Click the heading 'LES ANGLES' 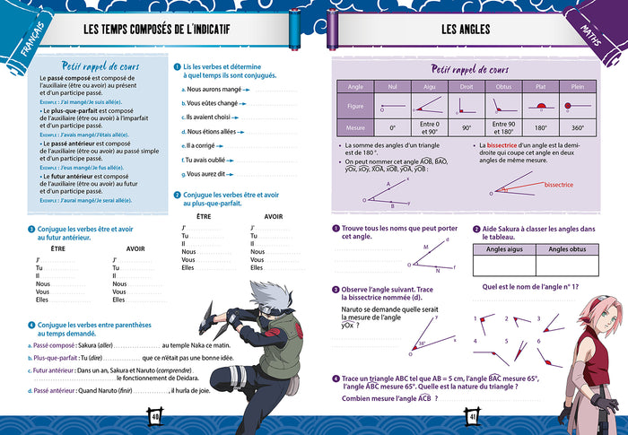(466, 30)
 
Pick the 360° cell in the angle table (578, 128)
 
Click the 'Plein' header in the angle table (578, 86)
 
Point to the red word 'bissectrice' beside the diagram (559, 185)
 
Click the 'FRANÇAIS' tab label (31, 49)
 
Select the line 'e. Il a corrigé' (199, 144)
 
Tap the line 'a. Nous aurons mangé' (209, 89)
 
